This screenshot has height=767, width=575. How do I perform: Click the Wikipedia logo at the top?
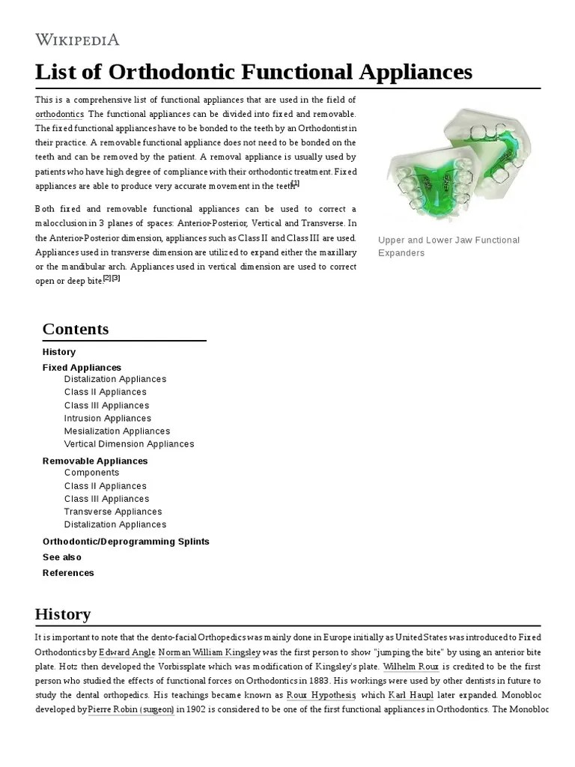[77, 39]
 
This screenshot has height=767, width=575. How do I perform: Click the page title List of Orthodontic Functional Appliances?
[254, 72]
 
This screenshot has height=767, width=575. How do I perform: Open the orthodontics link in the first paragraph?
[59, 114]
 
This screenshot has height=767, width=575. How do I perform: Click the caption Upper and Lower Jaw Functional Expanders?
[448, 246]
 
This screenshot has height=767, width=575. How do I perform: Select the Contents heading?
[76, 329]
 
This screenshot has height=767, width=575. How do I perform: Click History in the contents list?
[59, 352]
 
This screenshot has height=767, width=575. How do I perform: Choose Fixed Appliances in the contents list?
[82, 368]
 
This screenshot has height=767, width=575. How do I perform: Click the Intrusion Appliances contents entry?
[107, 419]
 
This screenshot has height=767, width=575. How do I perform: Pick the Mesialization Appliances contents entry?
[117, 431]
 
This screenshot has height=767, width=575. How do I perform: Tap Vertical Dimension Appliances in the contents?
[129, 444]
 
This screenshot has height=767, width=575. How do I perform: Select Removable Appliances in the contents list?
[95, 461]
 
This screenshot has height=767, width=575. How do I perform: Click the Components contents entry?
[91, 473]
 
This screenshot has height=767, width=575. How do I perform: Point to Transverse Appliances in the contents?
[113, 512]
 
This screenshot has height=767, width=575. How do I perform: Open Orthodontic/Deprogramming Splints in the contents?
[126, 542]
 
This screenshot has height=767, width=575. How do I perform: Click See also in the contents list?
[62, 557]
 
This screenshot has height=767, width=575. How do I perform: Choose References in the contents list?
[68, 573]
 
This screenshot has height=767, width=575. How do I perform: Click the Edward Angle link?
[127, 652]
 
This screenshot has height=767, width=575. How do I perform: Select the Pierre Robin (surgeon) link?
[131, 709]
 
